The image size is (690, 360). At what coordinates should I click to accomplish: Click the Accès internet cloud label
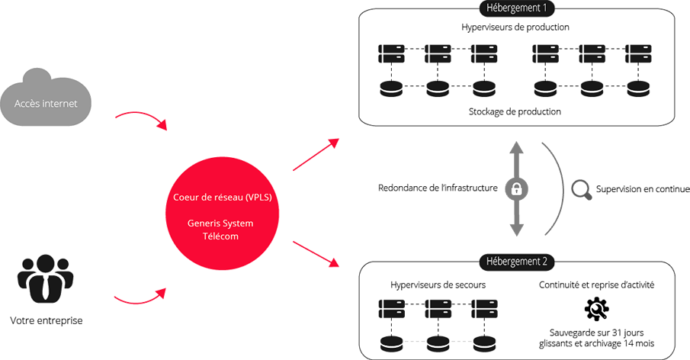point(46,103)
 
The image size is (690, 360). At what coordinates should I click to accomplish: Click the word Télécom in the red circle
point(220,236)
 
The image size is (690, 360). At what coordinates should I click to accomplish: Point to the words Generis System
point(220,223)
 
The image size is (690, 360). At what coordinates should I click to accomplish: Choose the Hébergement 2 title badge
point(516,260)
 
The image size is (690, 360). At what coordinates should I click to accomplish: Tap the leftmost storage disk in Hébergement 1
point(392,85)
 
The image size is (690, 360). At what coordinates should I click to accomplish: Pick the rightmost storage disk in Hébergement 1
point(634,85)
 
